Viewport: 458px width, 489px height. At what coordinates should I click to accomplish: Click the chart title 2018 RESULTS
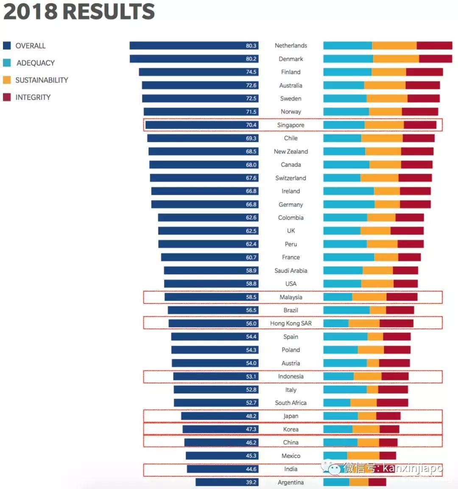click(79, 11)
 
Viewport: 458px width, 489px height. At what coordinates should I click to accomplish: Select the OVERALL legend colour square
click(7, 46)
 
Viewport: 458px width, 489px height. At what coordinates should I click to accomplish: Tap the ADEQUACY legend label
click(36, 63)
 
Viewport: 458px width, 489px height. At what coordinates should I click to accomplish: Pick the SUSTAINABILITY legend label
click(42, 80)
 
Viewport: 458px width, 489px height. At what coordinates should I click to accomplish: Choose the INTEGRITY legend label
click(33, 97)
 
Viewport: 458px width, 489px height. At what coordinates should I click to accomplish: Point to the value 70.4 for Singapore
click(251, 125)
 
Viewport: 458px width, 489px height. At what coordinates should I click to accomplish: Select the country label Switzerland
click(290, 178)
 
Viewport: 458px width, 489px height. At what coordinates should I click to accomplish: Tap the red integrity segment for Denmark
click(436, 59)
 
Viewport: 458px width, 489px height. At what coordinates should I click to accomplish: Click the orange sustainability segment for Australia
click(385, 85)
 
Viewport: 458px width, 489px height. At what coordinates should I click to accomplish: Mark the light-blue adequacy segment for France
click(349, 257)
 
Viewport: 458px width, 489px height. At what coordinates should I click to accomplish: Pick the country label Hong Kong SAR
click(290, 323)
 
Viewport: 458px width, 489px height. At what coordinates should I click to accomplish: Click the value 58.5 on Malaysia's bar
click(251, 297)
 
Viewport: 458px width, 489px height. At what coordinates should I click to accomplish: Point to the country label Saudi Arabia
click(290, 270)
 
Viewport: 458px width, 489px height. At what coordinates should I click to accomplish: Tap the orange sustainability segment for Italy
click(372, 390)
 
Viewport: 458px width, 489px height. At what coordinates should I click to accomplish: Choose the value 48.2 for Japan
click(251, 416)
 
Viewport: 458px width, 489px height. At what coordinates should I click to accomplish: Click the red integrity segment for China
click(388, 442)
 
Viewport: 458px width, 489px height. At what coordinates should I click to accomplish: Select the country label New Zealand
click(290, 152)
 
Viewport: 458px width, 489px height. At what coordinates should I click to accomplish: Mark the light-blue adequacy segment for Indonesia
click(338, 377)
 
